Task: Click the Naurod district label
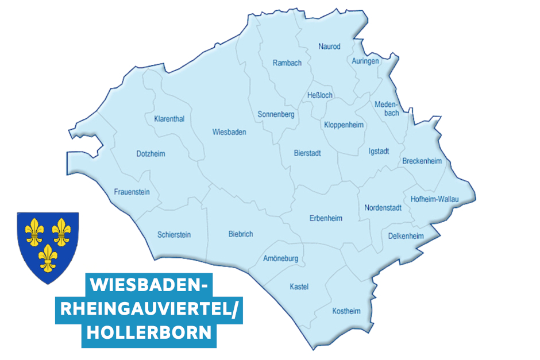(x=330, y=47)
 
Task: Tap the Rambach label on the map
(x=287, y=63)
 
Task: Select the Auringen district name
(x=365, y=60)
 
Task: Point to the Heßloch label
(x=320, y=95)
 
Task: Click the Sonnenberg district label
(x=276, y=115)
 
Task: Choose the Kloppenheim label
(x=344, y=125)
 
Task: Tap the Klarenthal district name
(x=169, y=119)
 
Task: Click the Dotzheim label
(x=151, y=154)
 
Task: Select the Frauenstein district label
(x=132, y=192)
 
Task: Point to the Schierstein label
(x=174, y=235)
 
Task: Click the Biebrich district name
(x=241, y=234)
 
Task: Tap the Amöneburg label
(x=281, y=259)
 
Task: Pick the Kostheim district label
(x=346, y=311)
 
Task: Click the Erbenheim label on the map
(x=326, y=218)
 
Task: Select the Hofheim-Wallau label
(x=435, y=199)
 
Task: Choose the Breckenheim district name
(x=422, y=161)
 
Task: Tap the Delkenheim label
(x=406, y=236)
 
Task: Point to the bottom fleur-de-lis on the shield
(x=47, y=258)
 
